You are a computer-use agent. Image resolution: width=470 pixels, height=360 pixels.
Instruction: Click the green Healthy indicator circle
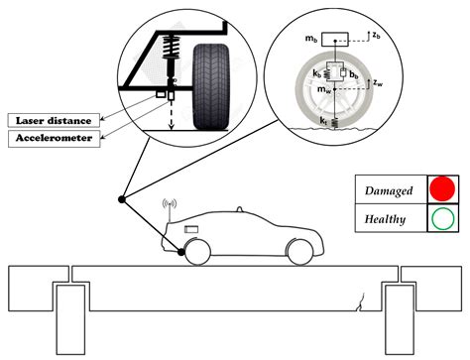pyautogui.click(x=441, y=219)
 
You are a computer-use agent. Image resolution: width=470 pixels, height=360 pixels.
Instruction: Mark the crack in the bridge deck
pyautogui.click(x=369, y=296)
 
